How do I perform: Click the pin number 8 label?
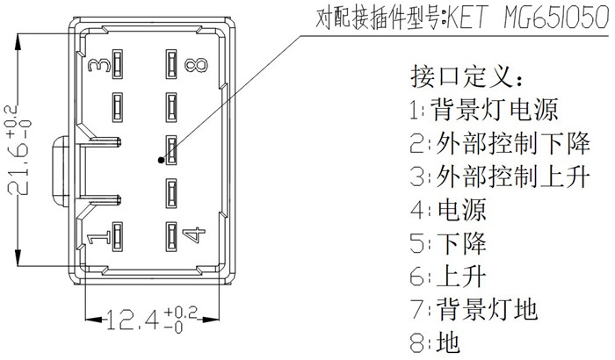point(196,65)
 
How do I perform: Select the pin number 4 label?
point(194,234)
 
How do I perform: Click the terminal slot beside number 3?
point(117,64)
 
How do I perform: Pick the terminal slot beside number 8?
point(171,64)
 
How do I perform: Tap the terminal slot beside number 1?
point(117,236)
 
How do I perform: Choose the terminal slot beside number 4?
point(171,236)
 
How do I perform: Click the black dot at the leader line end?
point(161,160)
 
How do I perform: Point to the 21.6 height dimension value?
point(18,149)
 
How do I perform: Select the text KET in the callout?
point(467,18)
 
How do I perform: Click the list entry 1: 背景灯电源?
point(484,110)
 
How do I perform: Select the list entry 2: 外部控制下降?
point(500,143)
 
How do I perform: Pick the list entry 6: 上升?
point(448,276)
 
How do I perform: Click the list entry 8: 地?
point(435,342)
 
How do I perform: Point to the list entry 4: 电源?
point(448,209)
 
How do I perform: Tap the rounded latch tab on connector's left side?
point(60,171)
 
